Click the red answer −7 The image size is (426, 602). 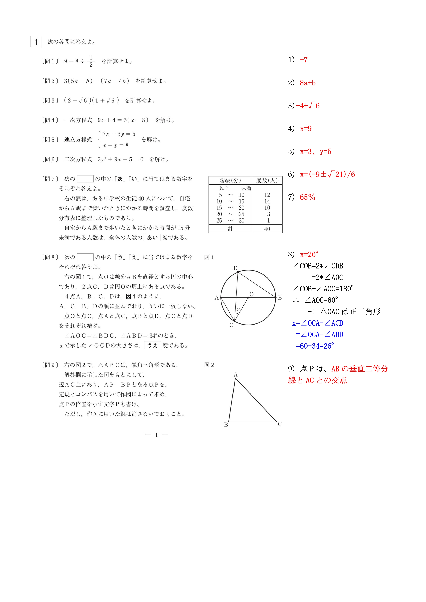(304, 60)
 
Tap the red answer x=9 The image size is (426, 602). (306, 129)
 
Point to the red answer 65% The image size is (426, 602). (307, 197)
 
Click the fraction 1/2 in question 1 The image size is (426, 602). (91, 61)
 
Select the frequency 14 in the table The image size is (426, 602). (267, 201)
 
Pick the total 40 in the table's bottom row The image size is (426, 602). (267, 229)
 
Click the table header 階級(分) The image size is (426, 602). (230, 180)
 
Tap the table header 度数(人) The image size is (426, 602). (267, 180)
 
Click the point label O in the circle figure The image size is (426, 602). (252, 294)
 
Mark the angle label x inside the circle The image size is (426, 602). (238, 310)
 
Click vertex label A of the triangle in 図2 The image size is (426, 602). (236, 375)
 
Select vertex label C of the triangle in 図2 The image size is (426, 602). (280, 424)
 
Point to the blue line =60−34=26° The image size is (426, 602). (315, 346)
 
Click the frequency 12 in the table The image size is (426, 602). (267, 195)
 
